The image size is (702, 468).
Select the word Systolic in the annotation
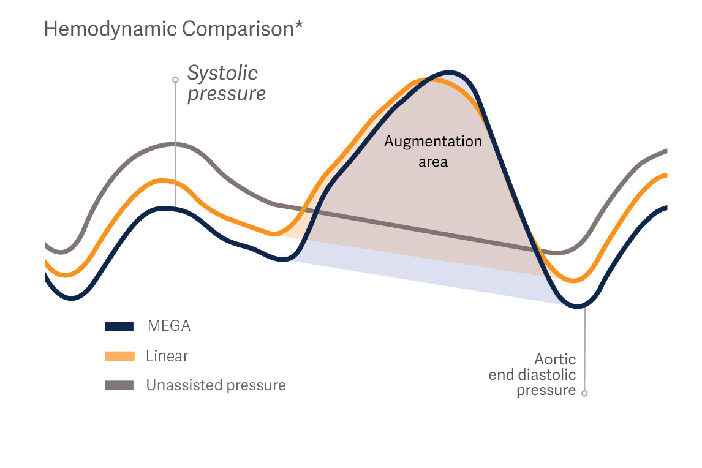coord(222,74)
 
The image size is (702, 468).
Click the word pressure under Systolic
coord(227,94)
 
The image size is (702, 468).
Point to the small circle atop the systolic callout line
coord(175,80)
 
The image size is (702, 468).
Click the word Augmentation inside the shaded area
coord(433,142)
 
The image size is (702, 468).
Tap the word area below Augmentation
coord(433,162)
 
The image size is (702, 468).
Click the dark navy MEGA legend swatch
coord(119,326)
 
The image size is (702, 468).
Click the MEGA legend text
coord(169,326)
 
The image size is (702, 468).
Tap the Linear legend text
coord(167,356)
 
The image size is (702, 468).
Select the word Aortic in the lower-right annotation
coord(555,359)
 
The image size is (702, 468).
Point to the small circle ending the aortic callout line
coord(584,393)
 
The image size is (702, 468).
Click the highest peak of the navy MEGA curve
coord(450,73)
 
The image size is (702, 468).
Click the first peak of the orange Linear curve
coord(162,181)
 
